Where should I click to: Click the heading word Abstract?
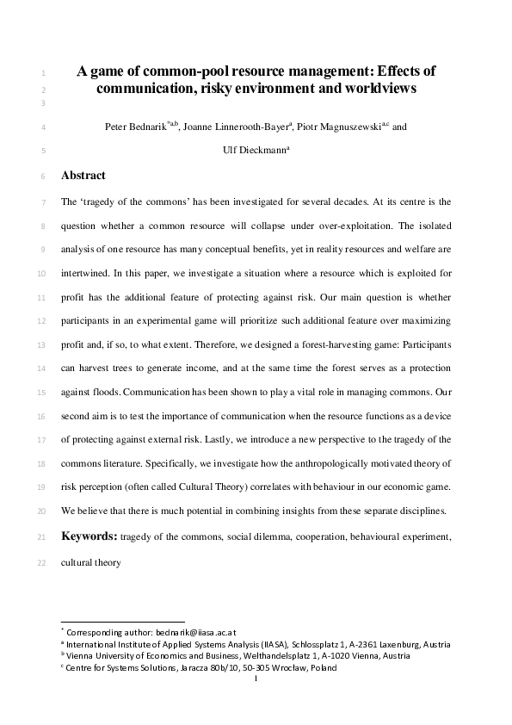83,176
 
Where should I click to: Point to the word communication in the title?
147,88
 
